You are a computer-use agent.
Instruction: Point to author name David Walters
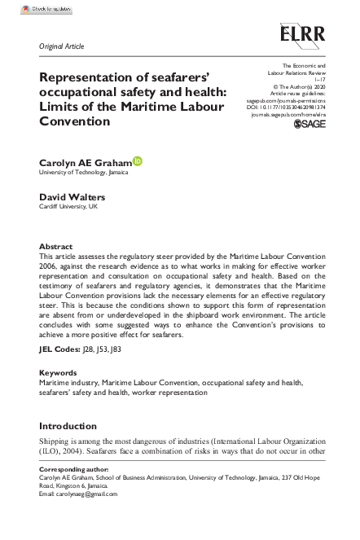(x=70, y=196)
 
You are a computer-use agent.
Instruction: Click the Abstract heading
(x=55, y=246)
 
